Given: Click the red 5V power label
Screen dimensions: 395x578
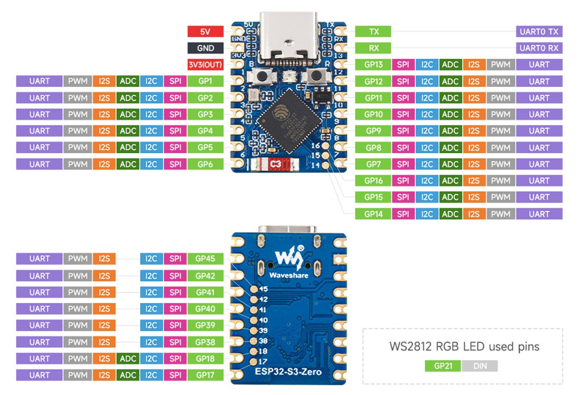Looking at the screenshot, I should coord(205,31).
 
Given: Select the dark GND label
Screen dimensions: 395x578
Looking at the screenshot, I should coord(205,48).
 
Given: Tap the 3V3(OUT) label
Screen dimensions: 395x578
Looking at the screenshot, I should coord(205,64).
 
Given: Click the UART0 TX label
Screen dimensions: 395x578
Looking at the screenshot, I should coord(539,31).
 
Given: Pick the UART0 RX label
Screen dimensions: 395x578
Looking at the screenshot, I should coord(539,48).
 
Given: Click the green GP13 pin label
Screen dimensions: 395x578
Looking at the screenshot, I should coord(373,64).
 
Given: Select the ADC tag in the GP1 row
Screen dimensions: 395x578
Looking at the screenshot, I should coord(128,81).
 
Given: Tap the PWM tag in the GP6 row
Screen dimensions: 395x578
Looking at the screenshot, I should coord(78,164).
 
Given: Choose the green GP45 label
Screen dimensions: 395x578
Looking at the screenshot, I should coord(205,258).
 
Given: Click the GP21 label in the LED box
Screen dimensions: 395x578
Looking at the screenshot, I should coord(442,366).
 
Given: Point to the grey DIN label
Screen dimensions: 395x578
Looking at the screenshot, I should coord(479,366).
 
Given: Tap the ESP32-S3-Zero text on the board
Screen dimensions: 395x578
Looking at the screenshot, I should coord(288,372).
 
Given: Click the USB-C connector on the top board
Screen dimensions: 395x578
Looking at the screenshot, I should coord(288,39).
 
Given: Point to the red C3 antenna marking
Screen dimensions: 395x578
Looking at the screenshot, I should coord(275,164).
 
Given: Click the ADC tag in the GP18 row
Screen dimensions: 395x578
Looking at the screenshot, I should coord(128,358).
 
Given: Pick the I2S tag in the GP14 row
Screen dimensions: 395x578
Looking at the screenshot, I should coord(474,214).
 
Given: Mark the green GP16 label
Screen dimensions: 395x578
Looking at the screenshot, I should coord(373,180).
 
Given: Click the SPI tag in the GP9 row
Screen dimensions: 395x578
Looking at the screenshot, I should coord(403,131).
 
